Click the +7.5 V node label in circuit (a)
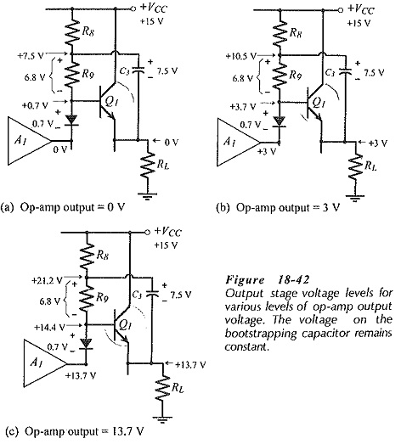pos(31,55)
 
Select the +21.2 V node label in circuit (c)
pos(48,281)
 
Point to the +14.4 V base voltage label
pos(49,327)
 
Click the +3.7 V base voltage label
pos(243,106)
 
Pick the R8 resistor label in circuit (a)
pos(88,31)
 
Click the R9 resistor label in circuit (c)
pos(102,297)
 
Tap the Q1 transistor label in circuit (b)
pos(319,103)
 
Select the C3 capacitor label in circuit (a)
pos(124,70)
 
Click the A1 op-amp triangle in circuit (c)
pos(45,363)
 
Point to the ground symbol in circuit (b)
pos(355,198)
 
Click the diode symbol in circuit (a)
pos(71,121)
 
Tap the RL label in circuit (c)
pos(177,387)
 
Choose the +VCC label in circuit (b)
pos(360,9)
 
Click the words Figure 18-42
pos(268,280)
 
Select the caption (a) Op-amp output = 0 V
pos(63,207)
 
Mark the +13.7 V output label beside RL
pos(190,364)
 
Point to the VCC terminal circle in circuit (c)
pos(147,233)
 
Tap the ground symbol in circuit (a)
pos(147,196)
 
